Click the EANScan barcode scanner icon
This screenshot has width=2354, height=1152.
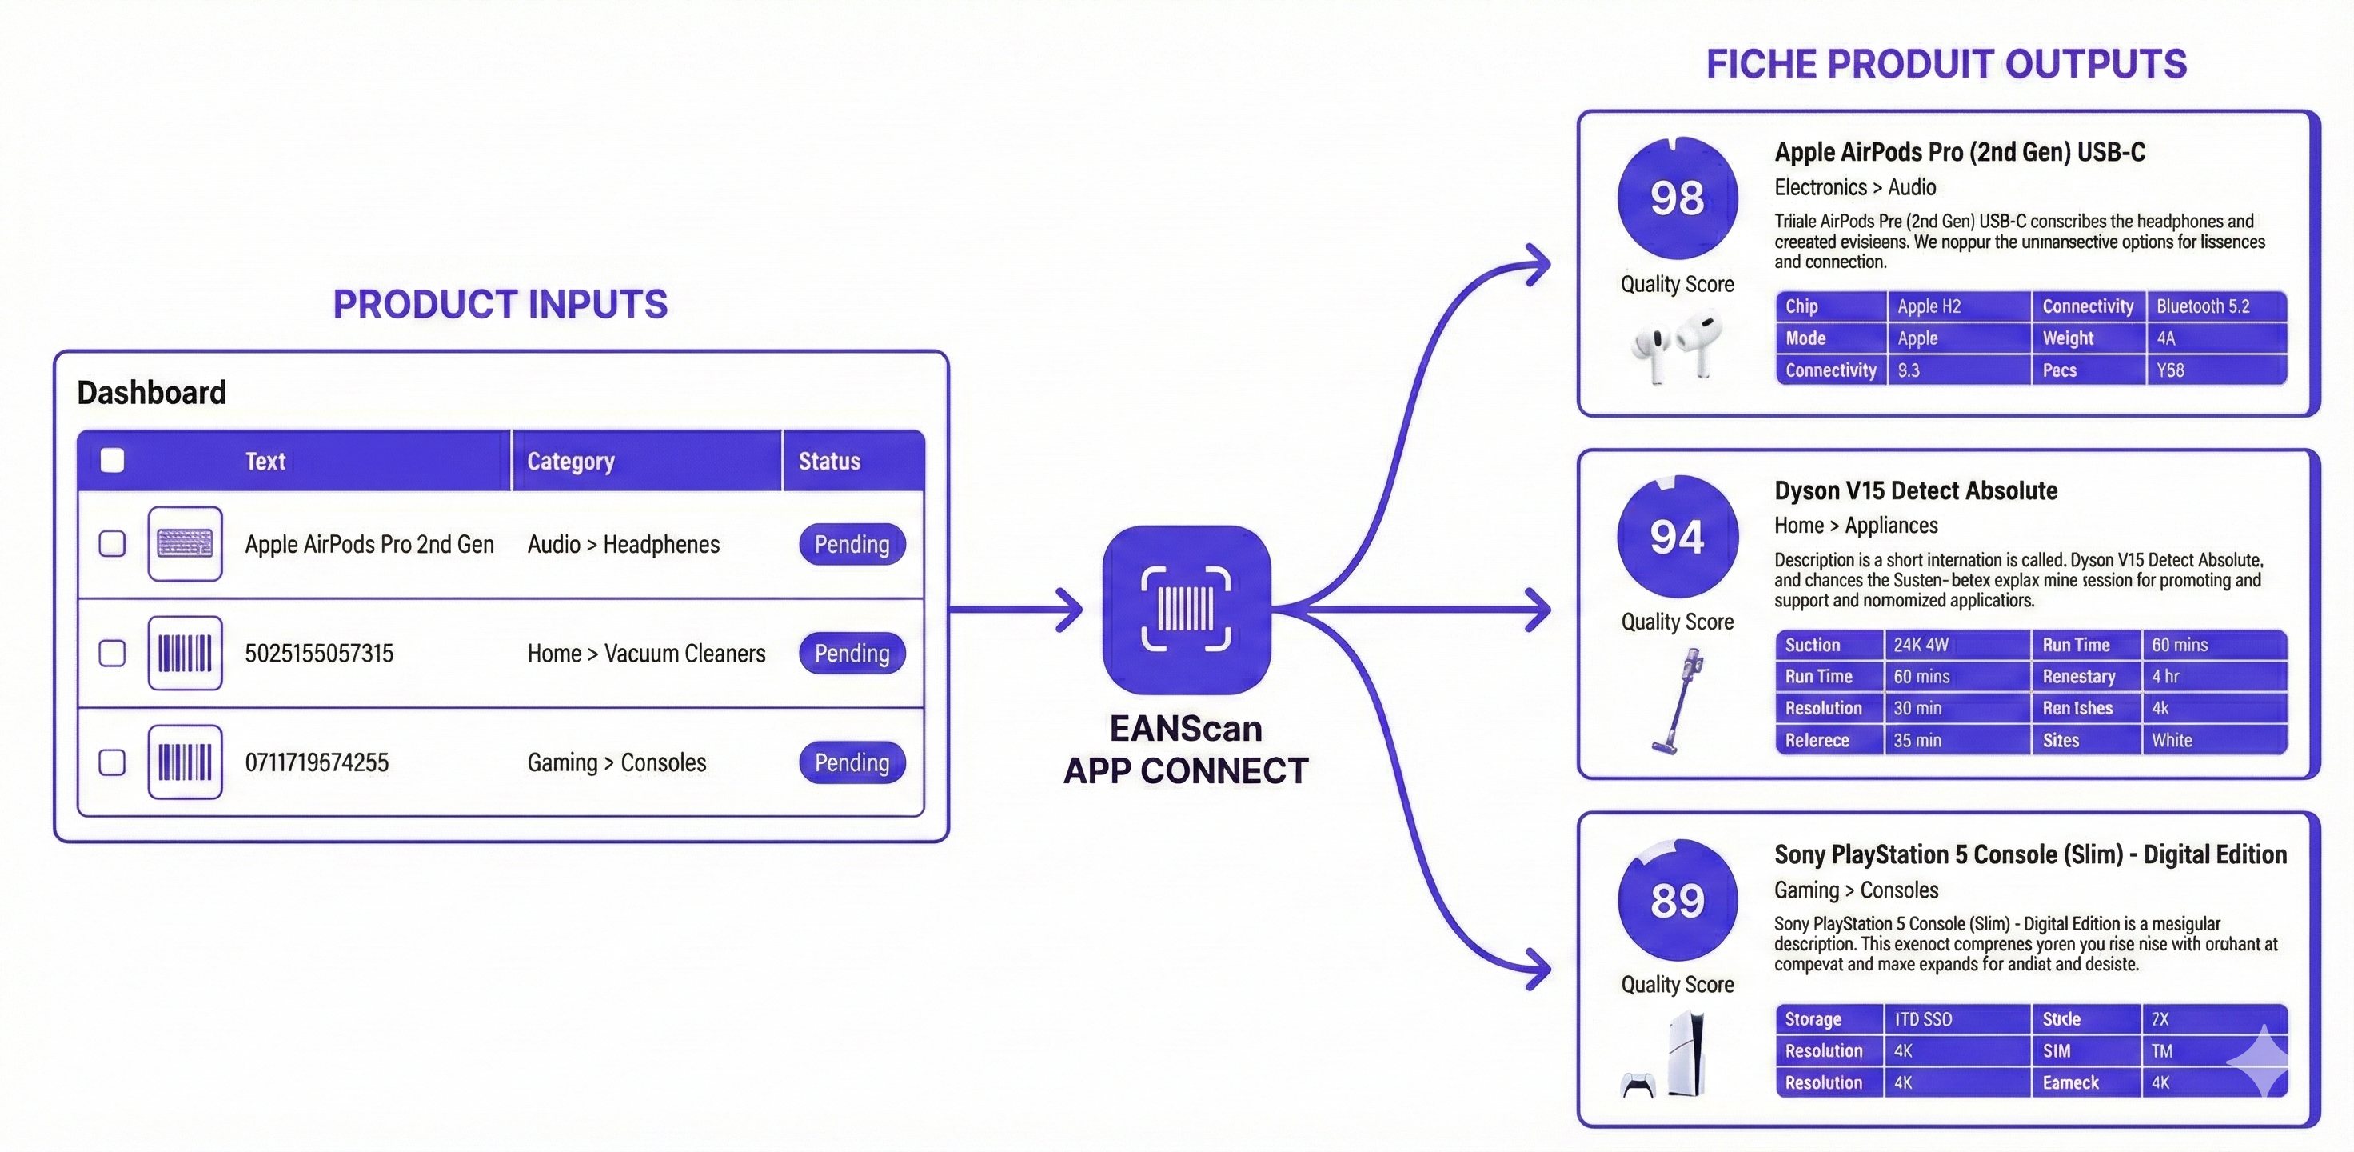coord(1186,609)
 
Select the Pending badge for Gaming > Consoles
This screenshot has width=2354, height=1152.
coord(852,762)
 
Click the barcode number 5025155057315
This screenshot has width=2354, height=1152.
coord(319,654)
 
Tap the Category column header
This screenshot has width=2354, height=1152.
coord(570,461)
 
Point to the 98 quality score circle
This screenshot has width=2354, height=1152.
coord(1677,198)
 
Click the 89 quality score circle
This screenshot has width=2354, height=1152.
coord(1677,901)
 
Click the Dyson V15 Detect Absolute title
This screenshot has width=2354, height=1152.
coord(1915,491)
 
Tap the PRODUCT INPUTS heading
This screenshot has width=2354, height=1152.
coord(500,305)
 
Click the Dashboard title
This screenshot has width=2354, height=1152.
coord(152,392)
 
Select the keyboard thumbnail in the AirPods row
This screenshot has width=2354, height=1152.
coord(185,544)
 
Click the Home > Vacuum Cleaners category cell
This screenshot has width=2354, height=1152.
coord(646,654)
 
